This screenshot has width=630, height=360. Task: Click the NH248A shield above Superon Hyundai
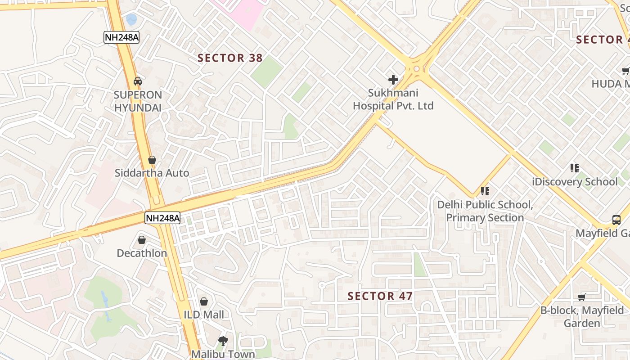pos(121,37)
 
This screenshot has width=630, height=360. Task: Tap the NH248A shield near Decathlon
pos(162,218)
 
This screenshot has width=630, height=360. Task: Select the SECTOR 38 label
pos(230,58)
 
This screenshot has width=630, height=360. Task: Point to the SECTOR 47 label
pos(380,296)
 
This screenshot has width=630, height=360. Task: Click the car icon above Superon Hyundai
pos(138,81)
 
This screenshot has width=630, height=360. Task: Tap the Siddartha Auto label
pos(152,173)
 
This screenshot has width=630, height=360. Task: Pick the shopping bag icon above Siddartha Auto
pos(152,160)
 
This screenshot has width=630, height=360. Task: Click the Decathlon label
pos(142,253)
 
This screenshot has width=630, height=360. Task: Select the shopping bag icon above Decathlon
pos(142,240)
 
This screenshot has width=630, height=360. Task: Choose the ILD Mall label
pos(204,315)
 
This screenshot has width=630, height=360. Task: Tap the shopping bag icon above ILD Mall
pos(204,301)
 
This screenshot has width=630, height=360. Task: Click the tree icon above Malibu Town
pos(223,341)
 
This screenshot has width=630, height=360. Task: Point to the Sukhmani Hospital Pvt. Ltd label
pos(393,99)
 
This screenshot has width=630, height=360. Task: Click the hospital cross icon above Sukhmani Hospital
pos(393,80)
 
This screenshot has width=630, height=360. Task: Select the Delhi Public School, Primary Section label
pos(485,211)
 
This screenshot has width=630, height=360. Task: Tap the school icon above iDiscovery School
pos(575,168)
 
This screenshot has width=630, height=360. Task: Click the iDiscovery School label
pos(575,182)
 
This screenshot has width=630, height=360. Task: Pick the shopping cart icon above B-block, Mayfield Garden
pos(582,297)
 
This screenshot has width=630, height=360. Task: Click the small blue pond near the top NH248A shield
pos(131,19)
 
